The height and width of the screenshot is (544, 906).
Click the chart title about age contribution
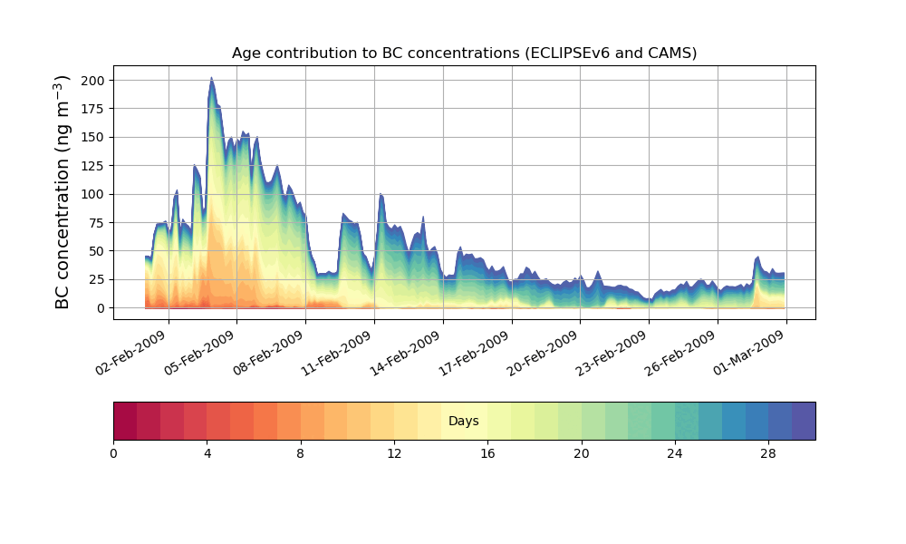(x=464, y=53)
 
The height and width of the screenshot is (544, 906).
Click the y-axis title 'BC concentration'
(x=63, y=192)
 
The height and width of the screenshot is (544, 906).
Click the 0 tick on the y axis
(x=101, y=308)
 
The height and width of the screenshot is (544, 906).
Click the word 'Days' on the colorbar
(x=464, y=421)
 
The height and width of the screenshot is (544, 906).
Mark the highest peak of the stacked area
(x=211, y=78)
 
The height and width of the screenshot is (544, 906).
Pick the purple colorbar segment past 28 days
(x=804, y=421)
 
